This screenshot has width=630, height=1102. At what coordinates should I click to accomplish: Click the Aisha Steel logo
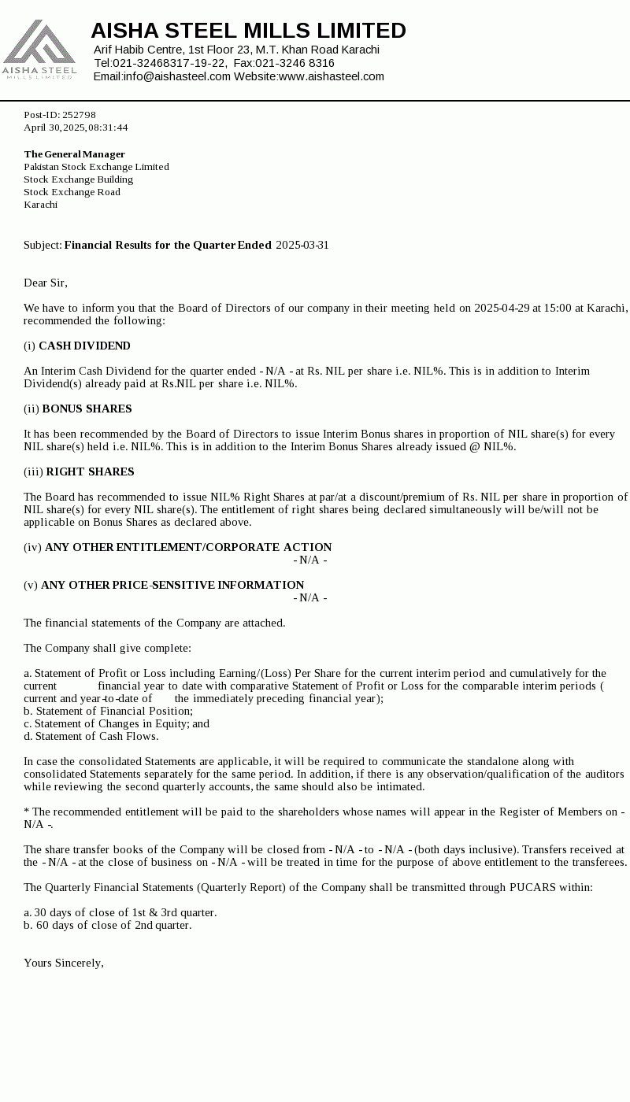pos(39,50)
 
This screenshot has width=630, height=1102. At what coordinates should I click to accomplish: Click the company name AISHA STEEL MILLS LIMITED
pos(248,31)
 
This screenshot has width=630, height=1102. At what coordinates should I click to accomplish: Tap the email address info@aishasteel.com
pos(176,76)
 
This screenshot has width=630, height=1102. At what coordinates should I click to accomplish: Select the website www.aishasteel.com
pos(331,76)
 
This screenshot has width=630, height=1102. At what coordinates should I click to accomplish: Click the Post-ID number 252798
pos(79,115)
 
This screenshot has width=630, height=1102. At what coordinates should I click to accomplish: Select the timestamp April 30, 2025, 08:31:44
pos(76,128)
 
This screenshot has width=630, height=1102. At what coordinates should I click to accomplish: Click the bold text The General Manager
pos(74,154)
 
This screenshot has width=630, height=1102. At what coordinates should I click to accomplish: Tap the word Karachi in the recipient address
pos(40,205)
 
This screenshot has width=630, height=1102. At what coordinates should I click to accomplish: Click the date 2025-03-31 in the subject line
pos(302,245)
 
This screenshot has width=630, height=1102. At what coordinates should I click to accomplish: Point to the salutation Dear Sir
pos(46,283)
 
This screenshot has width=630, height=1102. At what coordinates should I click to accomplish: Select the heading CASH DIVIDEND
pos(84,346)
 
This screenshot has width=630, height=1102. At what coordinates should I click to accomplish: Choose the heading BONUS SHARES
pos(87,409)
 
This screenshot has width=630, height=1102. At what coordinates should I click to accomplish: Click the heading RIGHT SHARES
pos(90,471)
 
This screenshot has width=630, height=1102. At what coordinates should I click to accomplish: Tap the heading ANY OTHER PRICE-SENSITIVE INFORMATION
pos(172,585)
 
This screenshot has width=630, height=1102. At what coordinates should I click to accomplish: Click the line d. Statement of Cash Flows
pos(91,736)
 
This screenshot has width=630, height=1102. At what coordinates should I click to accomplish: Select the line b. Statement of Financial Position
pos(108,711)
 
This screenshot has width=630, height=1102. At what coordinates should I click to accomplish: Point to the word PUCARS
pos(534,887)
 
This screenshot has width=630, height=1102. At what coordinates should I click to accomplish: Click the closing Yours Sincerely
pos(64,963)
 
